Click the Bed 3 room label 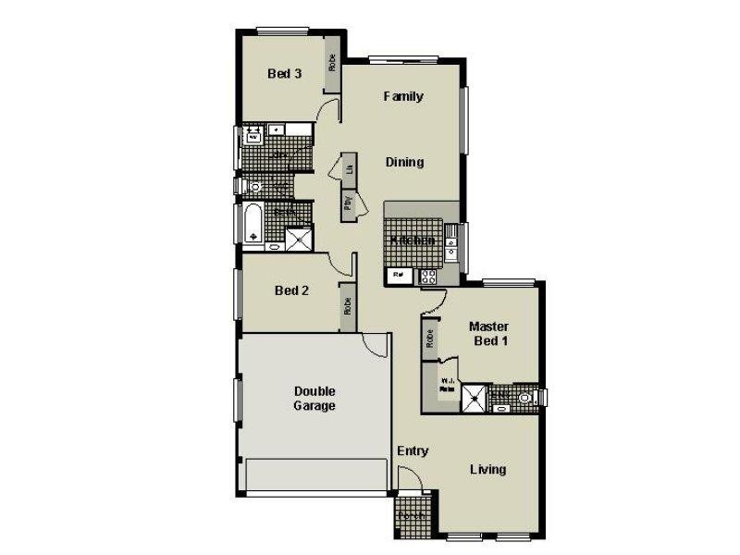point(284,74)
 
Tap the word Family point(403,96)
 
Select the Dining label point(404,162)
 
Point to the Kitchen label point(412,240)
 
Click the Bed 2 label point(291,290)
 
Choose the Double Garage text point(314,398)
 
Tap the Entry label point(413,451)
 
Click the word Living point(487,469)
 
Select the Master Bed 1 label point(488,333)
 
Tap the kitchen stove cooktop point(428,275)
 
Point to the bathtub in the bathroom point(253,225)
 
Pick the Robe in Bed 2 point(348,306)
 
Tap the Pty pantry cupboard point(348,203)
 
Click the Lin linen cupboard point(349,168)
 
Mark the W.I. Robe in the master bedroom point(447,386)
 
